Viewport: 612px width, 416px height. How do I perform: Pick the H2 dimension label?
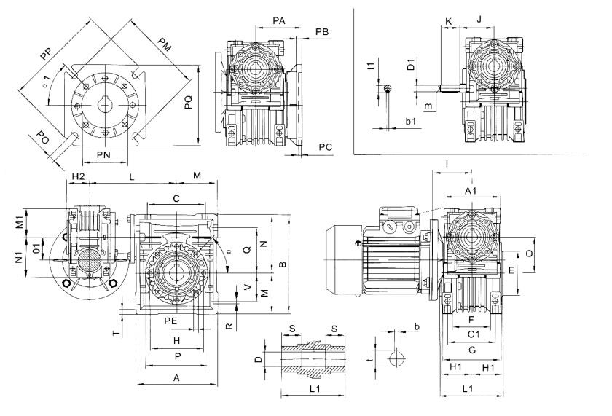[x=79, y=177]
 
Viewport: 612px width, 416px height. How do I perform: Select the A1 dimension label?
[x=471, y=190]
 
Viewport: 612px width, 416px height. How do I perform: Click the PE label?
[x=171, y=320]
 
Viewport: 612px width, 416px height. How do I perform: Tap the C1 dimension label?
[x=472, y=334]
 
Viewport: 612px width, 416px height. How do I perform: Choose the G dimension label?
[x=471, y=350]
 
